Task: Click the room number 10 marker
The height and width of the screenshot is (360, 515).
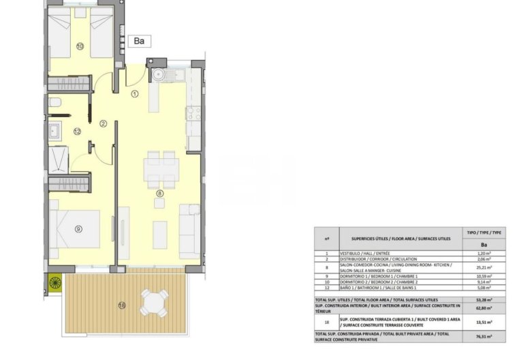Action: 80,47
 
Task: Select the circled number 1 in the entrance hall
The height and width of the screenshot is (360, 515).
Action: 135,94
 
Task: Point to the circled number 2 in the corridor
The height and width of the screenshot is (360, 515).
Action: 103,123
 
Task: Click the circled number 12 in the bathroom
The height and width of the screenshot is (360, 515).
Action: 78,131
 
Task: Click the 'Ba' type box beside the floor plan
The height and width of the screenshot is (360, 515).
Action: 140,41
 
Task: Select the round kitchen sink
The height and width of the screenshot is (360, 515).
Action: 159,74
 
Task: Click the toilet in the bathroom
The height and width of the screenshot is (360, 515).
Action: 57,104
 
